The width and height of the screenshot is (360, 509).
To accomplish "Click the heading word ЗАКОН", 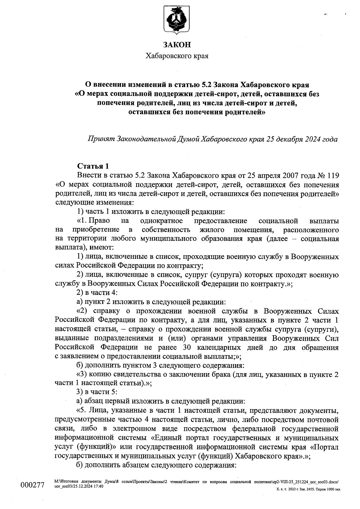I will click(177, 45).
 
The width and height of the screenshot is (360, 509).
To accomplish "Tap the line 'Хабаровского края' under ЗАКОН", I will click(177, 56).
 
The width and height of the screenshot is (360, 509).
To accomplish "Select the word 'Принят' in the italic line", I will click(100, 139).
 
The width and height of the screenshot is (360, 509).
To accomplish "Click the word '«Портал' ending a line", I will click(325, 447).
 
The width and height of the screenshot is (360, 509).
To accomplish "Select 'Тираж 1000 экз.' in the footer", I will click(327, 489).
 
